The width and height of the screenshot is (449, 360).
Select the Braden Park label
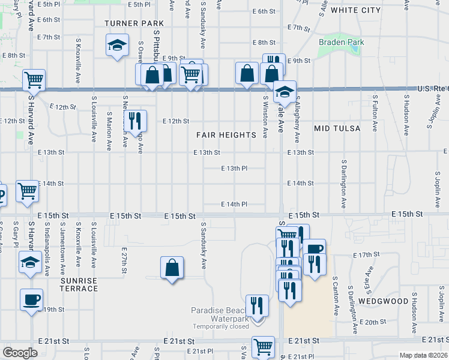click(342, 43)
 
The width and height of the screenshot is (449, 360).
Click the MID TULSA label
click(337, 128)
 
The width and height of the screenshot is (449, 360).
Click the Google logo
click(20, 353)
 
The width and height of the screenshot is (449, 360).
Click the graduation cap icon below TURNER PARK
click(117, 45)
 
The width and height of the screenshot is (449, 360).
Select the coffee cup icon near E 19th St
click(31, 299)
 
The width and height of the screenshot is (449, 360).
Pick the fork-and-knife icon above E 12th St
click(136, 120)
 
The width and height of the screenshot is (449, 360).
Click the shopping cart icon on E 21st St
click(263, 346)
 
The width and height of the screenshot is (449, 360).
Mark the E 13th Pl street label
click(234, 169)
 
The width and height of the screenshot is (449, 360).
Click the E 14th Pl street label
click(234, 205)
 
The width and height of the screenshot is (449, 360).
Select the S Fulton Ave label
click(375, 106)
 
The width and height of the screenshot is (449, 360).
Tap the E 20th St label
click(376, 322)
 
